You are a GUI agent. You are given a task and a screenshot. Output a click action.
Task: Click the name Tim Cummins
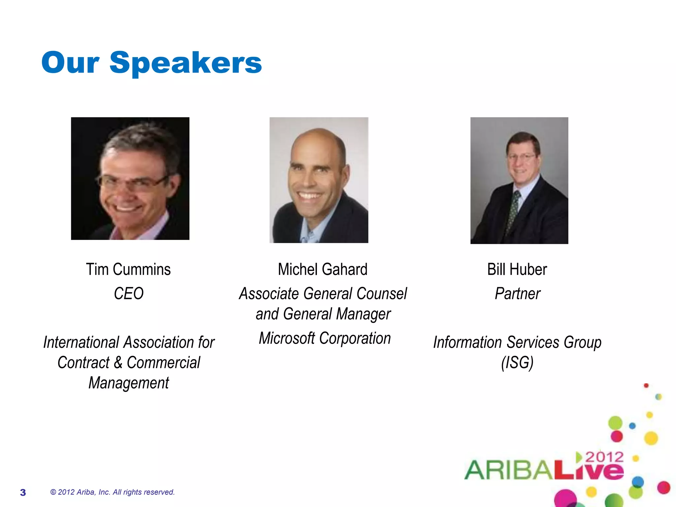click(x=128, y=269)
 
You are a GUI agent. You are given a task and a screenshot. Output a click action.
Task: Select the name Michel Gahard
click(x=322, y=269)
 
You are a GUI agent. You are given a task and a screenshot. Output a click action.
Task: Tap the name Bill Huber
click(x=517, y=269)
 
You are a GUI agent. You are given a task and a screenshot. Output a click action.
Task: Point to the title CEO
click(x=129, y=293)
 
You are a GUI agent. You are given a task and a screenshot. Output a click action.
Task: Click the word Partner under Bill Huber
click(x=517, y=293)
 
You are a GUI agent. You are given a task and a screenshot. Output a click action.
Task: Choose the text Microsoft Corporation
click(x=325, y=338)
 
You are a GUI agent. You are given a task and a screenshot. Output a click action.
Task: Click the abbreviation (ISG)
click(x=517, y=363)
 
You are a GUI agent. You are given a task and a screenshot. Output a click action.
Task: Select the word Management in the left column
click(x=129, y=383)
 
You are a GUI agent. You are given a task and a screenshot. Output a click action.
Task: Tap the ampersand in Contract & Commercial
click(x=118, y=362)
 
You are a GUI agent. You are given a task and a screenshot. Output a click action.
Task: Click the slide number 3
click(x=23, y=492)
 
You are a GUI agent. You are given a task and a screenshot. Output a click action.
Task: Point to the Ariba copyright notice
click(x=112, y=492)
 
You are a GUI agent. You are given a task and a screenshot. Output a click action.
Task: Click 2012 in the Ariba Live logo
click(x=604, y=457)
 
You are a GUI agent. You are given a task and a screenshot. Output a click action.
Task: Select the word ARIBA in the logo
click(x=508, y=470)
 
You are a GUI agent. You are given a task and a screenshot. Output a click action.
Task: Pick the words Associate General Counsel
click(x=323, y=293)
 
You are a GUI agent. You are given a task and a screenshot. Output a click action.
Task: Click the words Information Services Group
click(x=517, y=342)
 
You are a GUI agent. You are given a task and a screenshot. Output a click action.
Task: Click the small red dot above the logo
click(x=646, y=386)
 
